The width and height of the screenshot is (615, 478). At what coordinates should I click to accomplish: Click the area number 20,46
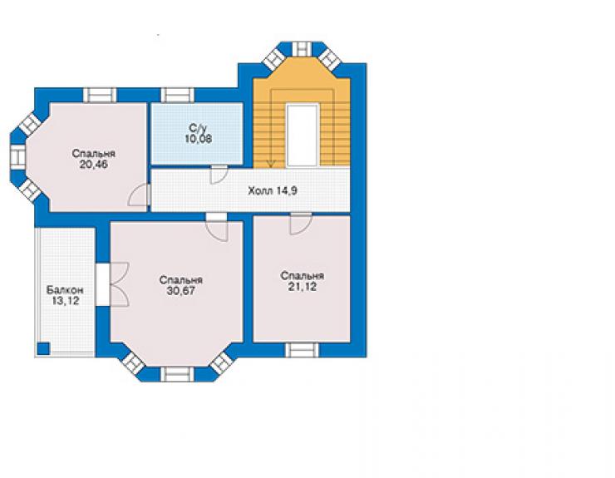[x=93, y=165]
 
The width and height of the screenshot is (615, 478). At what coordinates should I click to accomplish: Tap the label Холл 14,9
[x=273, y=191]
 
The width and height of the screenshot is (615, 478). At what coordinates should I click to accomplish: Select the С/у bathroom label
[x=196, y=128]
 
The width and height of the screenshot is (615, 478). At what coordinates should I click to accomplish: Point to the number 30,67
[x=181, y=291]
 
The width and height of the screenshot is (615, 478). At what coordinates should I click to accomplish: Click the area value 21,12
[x=303, y=287]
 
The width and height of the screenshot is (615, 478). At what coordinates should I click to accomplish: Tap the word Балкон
[x=65, y=290]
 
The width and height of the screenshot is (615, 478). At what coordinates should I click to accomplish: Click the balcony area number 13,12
[x=65, y=301]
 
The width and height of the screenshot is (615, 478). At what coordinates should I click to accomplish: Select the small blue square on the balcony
[x=43, y=348]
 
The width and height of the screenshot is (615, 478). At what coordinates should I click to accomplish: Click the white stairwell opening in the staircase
[x=302, y=135]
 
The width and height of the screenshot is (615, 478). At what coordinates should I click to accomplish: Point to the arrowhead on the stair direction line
[x=271, y=164]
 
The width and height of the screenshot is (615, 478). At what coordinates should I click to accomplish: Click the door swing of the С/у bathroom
[x=219, y=175]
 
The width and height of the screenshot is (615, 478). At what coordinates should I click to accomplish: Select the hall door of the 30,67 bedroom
[x=217, y=228]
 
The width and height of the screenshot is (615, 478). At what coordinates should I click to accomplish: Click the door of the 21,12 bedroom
[x=301, y=224]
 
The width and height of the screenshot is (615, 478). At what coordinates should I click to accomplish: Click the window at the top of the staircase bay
[x=302, y=49]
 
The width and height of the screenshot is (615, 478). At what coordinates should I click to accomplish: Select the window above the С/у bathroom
[x=178, y=96]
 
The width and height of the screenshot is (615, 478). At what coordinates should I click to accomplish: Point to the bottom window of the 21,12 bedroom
[x=302, y=350]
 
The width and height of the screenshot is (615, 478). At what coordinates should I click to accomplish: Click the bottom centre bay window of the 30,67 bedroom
[x=178, y=374]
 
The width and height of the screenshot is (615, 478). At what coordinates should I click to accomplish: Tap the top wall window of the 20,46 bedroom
[x=100, y=96]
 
